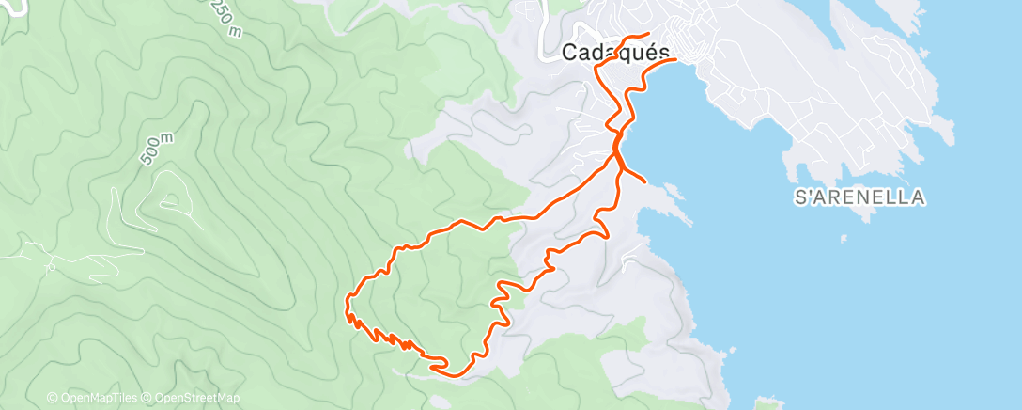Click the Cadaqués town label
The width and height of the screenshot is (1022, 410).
(x=615, y=53)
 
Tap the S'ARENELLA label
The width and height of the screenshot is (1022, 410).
(x=860, y=197)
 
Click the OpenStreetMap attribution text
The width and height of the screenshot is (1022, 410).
(x=197, y=398)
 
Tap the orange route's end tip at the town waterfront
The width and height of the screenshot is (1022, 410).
(x=675, y=60)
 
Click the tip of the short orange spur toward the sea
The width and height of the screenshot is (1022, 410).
(x=644, y=181)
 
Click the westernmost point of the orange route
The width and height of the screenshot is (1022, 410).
(x=347, y=303)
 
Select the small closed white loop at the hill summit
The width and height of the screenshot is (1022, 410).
(x=170, y=199)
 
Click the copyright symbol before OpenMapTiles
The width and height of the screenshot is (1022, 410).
(x=52, y=398)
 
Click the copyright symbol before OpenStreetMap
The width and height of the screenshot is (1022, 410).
(x=147, y=398)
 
